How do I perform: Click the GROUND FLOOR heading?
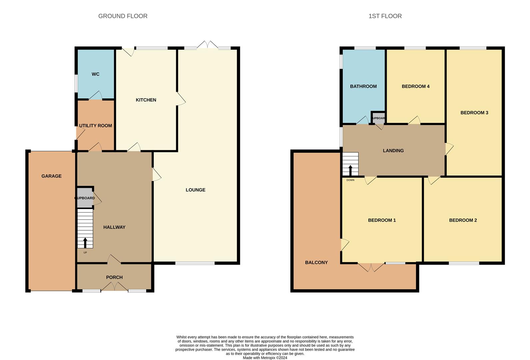click(x=123, y=16)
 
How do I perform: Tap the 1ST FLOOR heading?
click(x=385, y=16)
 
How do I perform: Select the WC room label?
click(x=96, y=74)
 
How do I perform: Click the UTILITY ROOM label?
click(x=96, y=126)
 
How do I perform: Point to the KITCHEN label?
click(x=146, y=100)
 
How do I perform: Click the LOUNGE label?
click(x=196, y=190)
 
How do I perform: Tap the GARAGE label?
click(x=51, y=176)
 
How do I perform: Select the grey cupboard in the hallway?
click(x=85, y=198)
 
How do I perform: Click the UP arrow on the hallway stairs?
click(x=85, y=243)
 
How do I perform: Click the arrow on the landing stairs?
click(x=350, y=170)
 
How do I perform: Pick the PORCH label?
click(x=114, y=277)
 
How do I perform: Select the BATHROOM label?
click(x=363, y=86)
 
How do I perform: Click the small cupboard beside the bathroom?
click(x=378, y=118)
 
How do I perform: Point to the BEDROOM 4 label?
click(x=415, y=86)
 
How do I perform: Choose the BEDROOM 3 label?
click(x=474, y=113)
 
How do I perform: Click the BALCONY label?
click(x=316, y=263)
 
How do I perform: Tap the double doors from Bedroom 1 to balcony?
click(x=371, y=267)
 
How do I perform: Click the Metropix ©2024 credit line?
click(x=265, y=358)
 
